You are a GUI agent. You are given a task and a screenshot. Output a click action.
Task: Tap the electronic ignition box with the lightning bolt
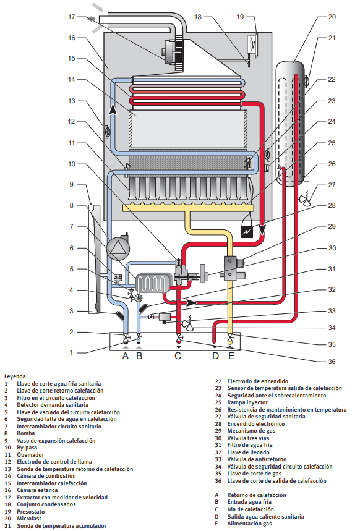(x=246, y=232)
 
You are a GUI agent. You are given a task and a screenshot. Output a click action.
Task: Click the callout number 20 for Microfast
(x=332, y=17)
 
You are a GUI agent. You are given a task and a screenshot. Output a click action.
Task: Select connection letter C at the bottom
(x=178, y=355)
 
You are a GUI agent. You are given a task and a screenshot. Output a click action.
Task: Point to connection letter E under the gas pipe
(x=231, y=355)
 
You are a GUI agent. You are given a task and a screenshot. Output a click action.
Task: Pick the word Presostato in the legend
(x=31, y=511)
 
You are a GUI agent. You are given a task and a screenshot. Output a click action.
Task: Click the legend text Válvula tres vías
(x=248, y=438)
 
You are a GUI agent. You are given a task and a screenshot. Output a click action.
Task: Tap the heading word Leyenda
(x=15, y=376)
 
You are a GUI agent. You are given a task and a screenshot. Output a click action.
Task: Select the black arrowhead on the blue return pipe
(x=113, y=109)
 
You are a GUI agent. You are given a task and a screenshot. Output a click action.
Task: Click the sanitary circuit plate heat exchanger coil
(x=152, y=282)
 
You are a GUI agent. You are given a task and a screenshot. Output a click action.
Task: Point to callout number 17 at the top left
(x=71, y=17)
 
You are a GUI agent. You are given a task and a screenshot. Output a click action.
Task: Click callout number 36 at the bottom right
(x=332, y=362)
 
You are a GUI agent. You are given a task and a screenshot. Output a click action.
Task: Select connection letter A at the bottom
(x=126, y=355)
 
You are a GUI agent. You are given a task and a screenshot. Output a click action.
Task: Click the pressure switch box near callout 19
(x=251, y=44)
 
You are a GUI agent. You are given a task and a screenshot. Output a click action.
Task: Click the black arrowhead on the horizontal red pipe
(x=192, y=302)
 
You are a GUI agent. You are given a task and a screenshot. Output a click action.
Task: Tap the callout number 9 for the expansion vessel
(x=71, y=185)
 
